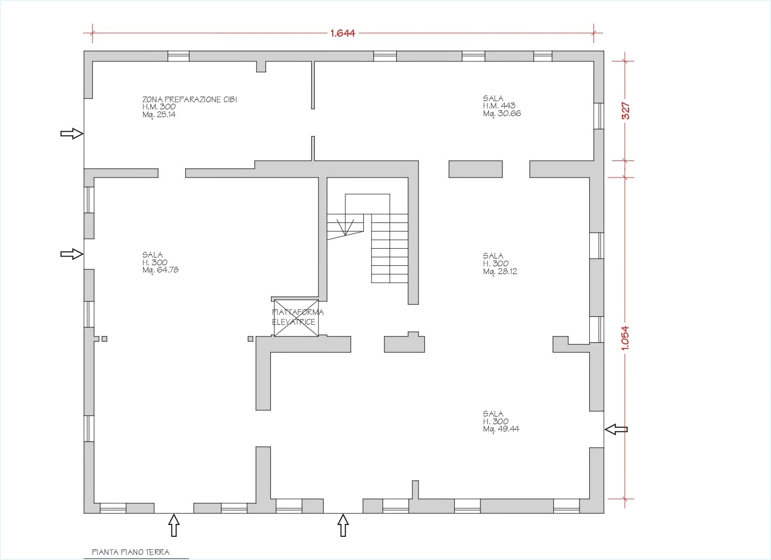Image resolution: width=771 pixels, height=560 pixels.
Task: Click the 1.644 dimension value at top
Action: pyautogui.click(x=343, y=33)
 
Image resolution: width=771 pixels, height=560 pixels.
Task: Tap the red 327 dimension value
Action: pyautogui.click(x=626, y=111)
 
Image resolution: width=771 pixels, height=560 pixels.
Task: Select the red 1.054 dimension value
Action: pyautogui.click(x=625, y=338)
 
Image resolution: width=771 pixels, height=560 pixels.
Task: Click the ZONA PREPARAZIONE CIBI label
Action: pyautogui.click(x=189, y=100)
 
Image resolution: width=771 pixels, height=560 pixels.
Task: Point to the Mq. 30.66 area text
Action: pyautogui.click(x=502, y=114)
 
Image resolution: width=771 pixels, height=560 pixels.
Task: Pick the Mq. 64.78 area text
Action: pyautogui.click(x=160, y=270)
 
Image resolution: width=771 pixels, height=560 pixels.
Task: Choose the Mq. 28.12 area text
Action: pyautogui.click(x=500, y=271)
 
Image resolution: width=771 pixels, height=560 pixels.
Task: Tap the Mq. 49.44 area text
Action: pyautogui.click(x=501, y=429)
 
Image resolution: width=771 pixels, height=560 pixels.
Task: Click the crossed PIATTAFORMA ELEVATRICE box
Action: pyautogui.click(x=296, y=318)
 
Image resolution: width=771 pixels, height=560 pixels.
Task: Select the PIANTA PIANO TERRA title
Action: pyautogui.click(x=131, y=552)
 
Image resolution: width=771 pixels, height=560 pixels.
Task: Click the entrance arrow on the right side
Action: pyautogui.click(x=616, y=429)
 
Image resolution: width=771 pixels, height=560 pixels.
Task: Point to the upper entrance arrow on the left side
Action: pyautogui.click(x=72, y=133)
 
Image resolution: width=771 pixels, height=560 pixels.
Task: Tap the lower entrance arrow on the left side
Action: pyautogui.click(x=72, y=254)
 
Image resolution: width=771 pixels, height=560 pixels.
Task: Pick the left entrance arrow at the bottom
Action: pyautogui.click(x=174, y=525)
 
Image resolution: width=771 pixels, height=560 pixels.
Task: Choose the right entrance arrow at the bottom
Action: pyautogui.click(x=343, y=525)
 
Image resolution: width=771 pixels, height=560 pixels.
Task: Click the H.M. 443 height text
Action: pyautogui.click(x=499, y=106)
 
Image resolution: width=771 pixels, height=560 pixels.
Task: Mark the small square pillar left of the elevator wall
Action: pyautogui.click(x=251, y=339)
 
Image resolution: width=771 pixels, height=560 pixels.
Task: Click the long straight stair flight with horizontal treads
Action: pyautogui.click(x=390, y=248)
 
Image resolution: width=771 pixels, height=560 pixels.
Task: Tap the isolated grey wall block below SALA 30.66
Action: pyautogui.click(x=475, y=169)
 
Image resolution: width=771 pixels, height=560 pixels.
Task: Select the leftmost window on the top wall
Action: pyautogui.click(x=178, y=56)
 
